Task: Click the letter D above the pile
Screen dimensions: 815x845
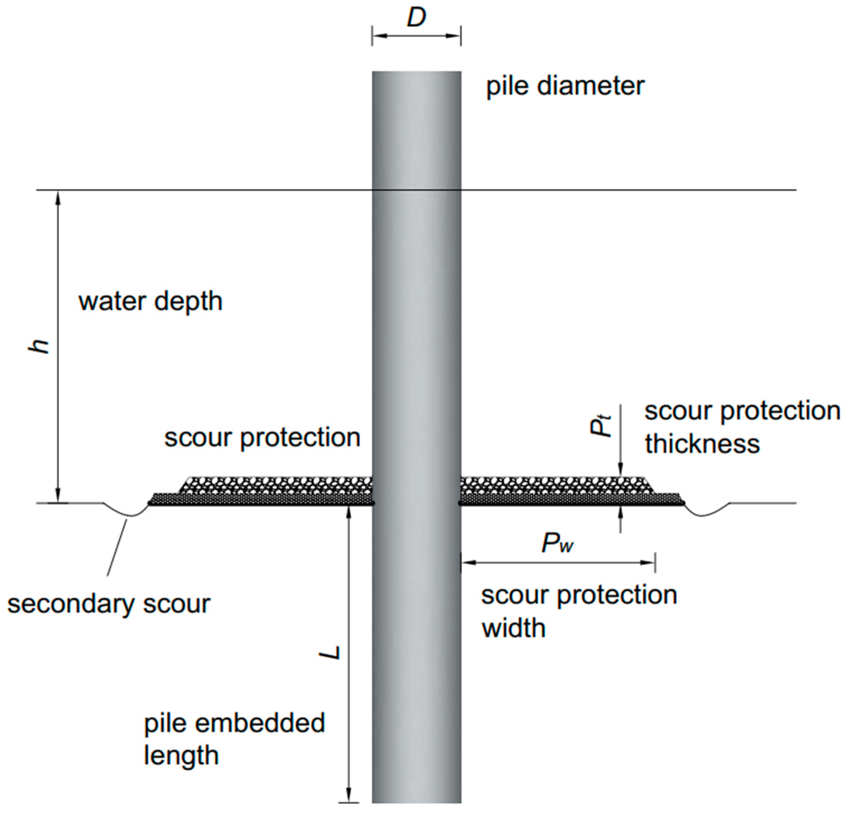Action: (416, 18)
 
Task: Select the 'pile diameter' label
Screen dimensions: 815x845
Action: (565, 86)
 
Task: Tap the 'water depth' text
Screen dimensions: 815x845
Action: (151, 301)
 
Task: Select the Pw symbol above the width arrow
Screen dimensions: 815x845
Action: (558, 544)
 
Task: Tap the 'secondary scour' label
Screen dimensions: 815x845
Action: (109, 604)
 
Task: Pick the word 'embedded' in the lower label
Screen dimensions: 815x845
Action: (260, 723)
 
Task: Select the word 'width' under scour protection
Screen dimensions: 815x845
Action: (514, 628)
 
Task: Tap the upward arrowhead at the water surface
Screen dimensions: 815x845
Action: (58, 197)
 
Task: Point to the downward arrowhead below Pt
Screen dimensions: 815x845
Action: (620, 470)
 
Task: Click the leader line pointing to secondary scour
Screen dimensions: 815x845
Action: (117, 547)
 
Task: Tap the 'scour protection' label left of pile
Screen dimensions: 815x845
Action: (262, 438)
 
